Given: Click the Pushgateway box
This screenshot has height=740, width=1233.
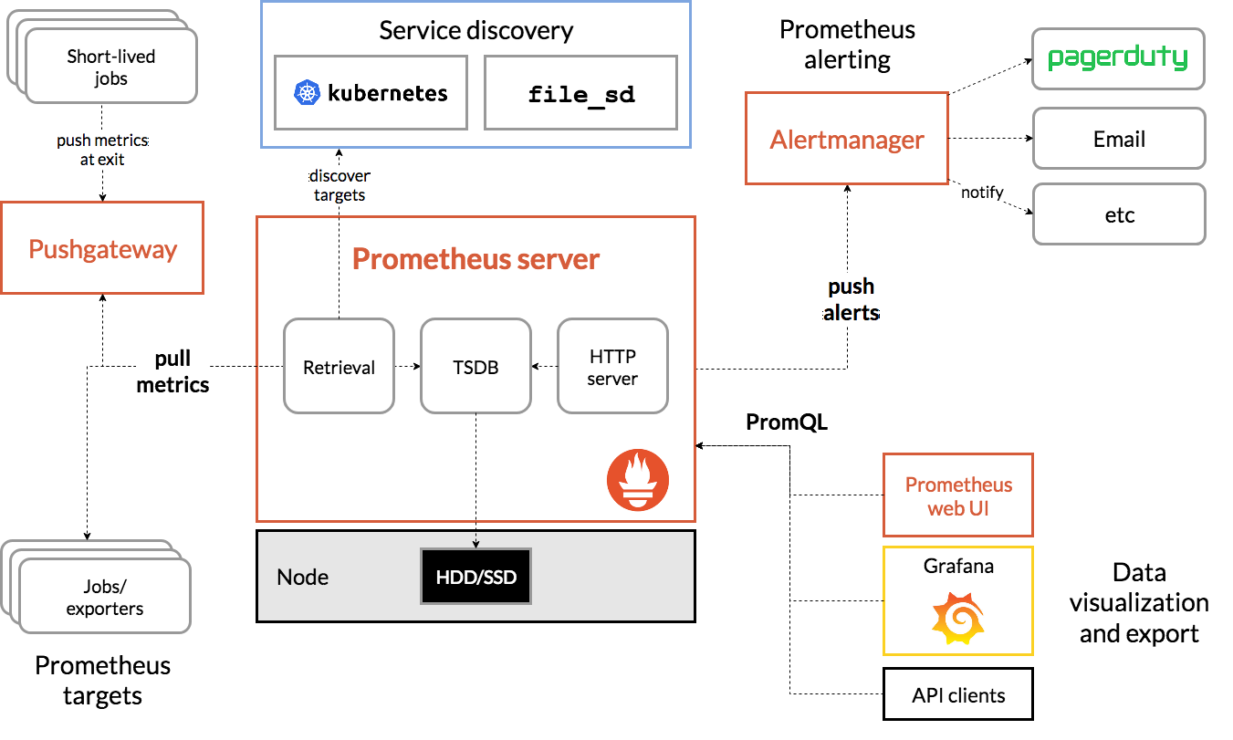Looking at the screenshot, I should [102, 249].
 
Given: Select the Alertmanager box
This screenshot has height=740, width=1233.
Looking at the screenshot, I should [847, 139].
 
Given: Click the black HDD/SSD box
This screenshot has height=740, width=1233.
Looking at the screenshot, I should [475, 577].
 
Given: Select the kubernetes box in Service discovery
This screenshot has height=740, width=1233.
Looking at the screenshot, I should [371, 93].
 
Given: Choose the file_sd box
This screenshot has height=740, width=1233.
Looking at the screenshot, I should [581, 93].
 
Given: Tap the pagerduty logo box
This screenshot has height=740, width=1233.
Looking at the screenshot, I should [1118, 59].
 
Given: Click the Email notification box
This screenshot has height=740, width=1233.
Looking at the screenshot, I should [1118, 140].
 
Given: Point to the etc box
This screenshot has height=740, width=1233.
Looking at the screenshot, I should [1118, 215].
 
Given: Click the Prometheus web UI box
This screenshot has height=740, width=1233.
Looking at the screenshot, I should [958, 495].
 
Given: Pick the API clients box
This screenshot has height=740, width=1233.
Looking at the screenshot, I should [958, 695].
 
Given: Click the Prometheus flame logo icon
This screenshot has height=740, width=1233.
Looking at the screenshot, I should [638, 480].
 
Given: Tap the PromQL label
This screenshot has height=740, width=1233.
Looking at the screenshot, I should [786, 422].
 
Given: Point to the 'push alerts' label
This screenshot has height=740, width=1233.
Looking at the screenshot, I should [851, 300].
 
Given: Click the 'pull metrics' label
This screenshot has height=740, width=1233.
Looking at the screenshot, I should [172, 372].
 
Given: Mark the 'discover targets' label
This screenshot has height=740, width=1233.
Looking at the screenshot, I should [340, 185].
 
